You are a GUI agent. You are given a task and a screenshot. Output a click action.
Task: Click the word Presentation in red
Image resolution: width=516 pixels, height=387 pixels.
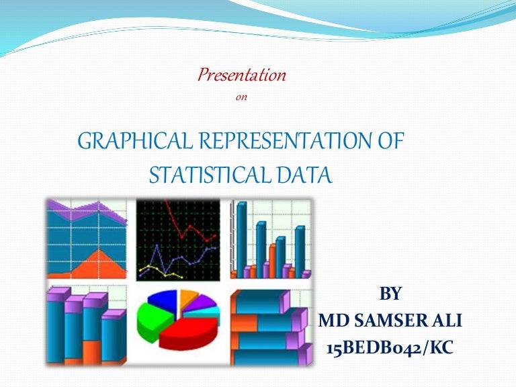242,75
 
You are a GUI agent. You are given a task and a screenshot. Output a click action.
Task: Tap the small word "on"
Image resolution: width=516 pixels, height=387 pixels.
243,97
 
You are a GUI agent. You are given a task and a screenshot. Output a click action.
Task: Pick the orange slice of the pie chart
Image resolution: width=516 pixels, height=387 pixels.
188,297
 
